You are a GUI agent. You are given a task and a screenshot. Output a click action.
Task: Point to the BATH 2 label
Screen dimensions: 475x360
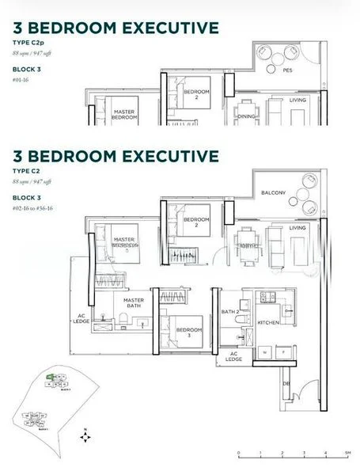[230, 312]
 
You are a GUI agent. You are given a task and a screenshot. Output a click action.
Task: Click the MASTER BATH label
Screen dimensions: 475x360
[133, 303]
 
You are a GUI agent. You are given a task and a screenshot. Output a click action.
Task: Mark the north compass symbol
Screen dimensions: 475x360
[85, 435]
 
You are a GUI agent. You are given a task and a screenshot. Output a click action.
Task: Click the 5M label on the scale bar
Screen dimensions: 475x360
[347, 454]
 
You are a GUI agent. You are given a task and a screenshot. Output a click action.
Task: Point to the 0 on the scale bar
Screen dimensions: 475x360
[238, 454]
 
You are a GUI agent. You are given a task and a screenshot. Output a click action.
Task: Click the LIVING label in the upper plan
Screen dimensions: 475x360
[298, 101]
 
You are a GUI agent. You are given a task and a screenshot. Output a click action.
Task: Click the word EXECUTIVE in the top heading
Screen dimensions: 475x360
[165, 27]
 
